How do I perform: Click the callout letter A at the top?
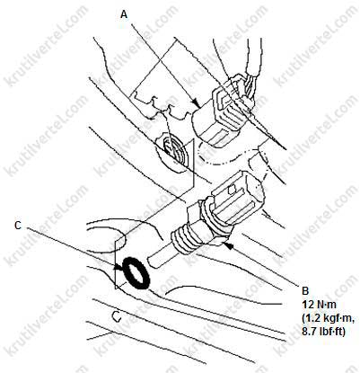[x=124, y=14]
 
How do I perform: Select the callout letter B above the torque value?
[x=305, y=290]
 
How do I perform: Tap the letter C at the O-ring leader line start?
[x=18, y=226]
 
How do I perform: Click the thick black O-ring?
[x=136, y=273]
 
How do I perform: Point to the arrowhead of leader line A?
[x=197, y=104]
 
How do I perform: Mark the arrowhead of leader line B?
[x=228, y=246]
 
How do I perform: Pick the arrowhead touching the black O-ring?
[x=119, y=268]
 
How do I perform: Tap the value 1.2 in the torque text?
[x=312, y=318]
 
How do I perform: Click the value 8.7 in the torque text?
[x=309, y=332]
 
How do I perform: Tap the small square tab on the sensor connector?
[x=232, y=190]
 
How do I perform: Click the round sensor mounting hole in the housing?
[x=172, y=151]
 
